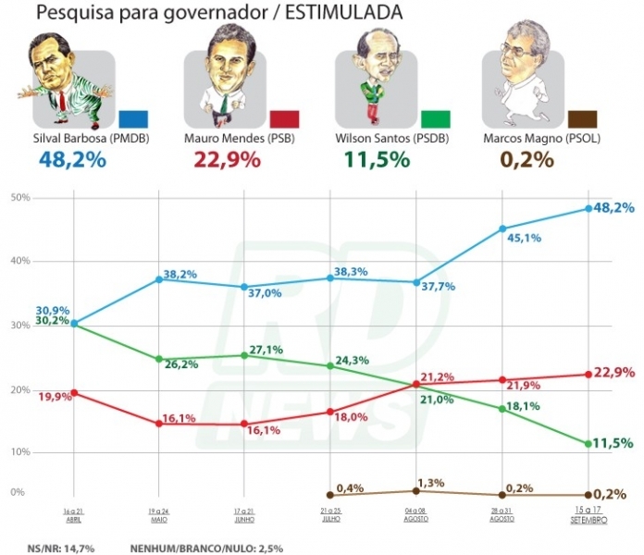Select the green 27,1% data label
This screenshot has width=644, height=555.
266,350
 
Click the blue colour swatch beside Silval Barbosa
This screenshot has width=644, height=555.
133,118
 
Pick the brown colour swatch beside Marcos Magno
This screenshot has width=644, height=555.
582,118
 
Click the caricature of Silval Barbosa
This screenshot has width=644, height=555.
68,78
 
